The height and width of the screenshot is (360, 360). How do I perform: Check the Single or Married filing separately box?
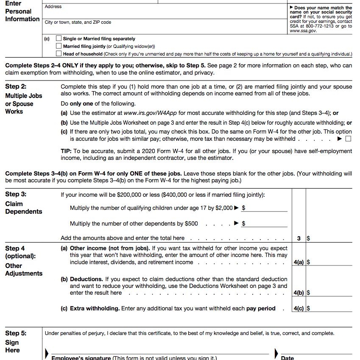click(59, 39)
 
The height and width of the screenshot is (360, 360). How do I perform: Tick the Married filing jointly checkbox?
click(59, 46)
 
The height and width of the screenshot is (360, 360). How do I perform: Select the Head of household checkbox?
click(59, 54)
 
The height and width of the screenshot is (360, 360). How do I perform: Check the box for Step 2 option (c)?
click(348, 139)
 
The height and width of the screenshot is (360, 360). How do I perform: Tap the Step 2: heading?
click(16, 87)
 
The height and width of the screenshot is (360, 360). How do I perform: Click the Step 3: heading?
click(16, 194)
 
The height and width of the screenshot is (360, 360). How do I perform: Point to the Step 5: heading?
click(16, 333)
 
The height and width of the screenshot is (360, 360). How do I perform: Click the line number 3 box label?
click(299, 239)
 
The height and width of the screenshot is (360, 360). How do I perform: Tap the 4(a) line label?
click(299, 262)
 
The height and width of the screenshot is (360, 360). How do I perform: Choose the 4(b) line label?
click(299, 293)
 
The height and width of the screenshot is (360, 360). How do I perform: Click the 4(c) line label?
click(299, 309)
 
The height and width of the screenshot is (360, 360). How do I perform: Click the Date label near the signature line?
click(287, 357)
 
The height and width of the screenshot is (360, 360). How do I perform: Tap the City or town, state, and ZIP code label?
click(78, 22)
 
